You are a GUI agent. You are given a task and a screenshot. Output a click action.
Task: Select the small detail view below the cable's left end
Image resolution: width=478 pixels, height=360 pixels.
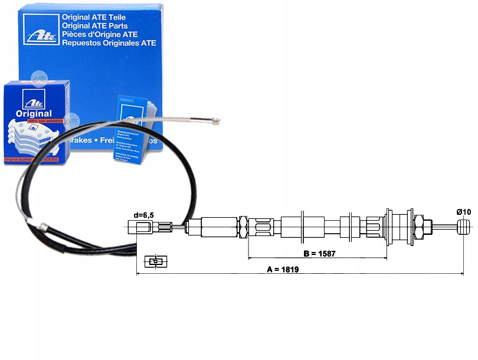tap(155, 261)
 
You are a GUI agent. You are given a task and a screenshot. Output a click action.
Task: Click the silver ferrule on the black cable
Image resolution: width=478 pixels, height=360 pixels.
tap(42, 227)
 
